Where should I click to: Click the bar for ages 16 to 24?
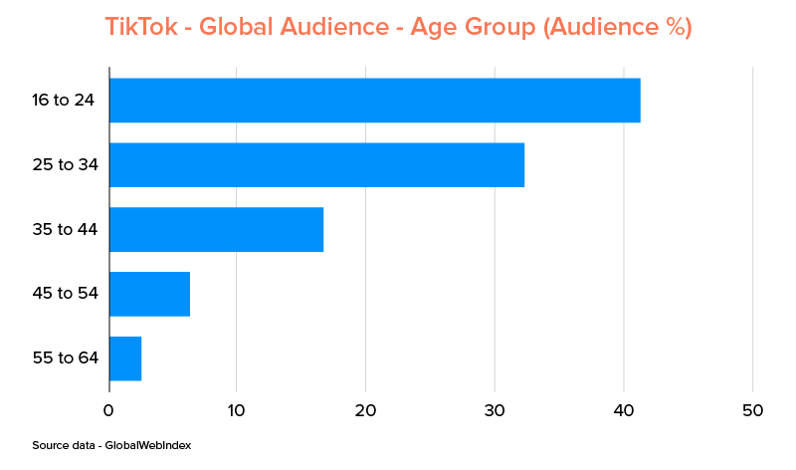click(374, 100)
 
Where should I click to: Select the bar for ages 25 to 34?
click(316, 164)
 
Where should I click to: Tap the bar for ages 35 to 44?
click(216, 229)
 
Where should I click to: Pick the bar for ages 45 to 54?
click(149, 294)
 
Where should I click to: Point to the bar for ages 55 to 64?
click(125, 358)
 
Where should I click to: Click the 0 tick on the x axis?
click(108, 410)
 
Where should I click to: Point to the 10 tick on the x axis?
click(237, 410)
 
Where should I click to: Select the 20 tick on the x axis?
click(365, 410)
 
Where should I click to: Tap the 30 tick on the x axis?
click(495, 410)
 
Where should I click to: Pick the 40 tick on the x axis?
click(623, 410)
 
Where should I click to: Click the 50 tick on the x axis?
click(752, 410)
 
